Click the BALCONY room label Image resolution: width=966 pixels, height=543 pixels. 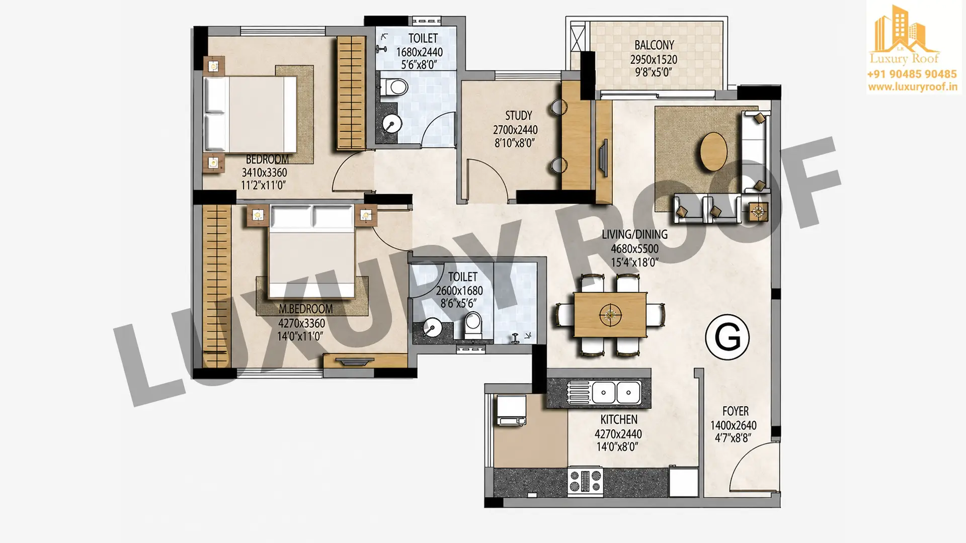(x=654, y=45)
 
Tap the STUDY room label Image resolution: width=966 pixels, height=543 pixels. (x=518, y=116)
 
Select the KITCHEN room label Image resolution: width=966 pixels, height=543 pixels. (x=619, y=419)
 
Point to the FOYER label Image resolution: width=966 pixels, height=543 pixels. (x=736, y=411)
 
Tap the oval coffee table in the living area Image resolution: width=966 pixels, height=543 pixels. (x=713, y=151)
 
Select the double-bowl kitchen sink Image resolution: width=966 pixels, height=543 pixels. (x=604, y=392)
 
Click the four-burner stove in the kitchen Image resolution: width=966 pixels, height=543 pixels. (x=585, y=481)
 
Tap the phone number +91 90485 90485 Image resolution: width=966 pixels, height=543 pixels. (x=912, y=74)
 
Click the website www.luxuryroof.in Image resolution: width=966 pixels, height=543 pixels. (x=912, y=86)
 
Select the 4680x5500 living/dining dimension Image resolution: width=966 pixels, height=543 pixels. (x=634, y=248)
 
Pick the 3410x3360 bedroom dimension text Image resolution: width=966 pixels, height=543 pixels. (x=264, y=172)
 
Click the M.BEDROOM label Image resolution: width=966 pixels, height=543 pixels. (x=305, y=309)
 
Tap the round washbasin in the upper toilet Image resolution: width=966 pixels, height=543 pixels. (x=391, y=124)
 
